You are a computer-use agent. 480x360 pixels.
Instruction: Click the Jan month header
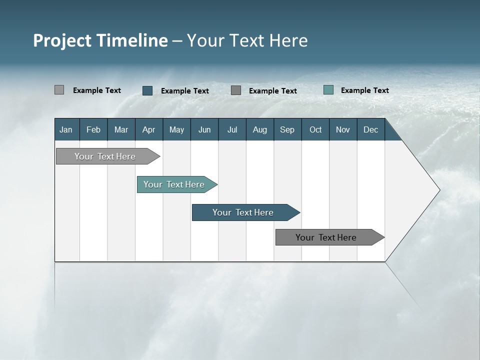coord(66,129)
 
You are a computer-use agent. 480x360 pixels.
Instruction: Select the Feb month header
coord(93,129)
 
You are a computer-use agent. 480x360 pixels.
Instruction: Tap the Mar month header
coord(121,129)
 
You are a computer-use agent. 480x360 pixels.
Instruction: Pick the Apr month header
coord(149,129)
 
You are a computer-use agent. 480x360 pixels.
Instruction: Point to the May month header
coord(176,129)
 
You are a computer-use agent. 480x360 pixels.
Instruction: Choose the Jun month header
coord(204,129)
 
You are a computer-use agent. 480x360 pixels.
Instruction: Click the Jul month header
coord(232,129)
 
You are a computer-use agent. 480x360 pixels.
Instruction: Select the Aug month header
coord(260,129)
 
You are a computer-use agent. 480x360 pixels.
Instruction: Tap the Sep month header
coord(287,129)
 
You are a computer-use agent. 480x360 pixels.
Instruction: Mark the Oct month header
coord(315,129)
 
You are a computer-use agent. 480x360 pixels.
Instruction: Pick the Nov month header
coord(343,129)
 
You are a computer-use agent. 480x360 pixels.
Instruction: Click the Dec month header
coord(371,129)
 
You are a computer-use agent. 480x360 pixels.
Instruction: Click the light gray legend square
coord(59,90)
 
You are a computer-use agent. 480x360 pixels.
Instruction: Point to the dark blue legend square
coord(147,90)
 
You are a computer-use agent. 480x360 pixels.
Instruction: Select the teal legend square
coord(328,90)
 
